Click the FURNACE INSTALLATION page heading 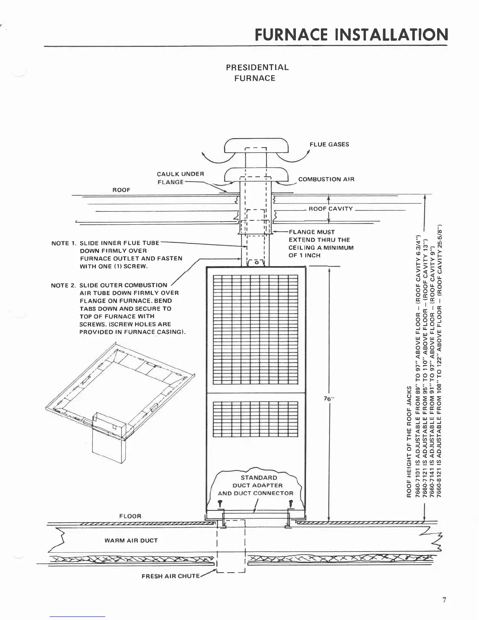click(x=351, y=35)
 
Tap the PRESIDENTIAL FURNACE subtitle click(x=257, y=72)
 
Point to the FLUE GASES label click(x=329, y=144)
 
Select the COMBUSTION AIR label click(x=326, y=179)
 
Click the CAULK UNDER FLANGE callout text click(x=180, y=178)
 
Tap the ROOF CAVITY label click(x=331, y=209)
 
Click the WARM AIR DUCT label click(x=131, y=541)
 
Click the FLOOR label click(x=130, y=516)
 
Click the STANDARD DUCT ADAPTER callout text click(x=255, y=485)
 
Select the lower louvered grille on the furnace click(x=256, y=419)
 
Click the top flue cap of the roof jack click(x=256, y=146)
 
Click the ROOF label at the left click(x=121, y=190)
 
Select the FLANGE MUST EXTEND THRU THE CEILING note click(x=321, y=243)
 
